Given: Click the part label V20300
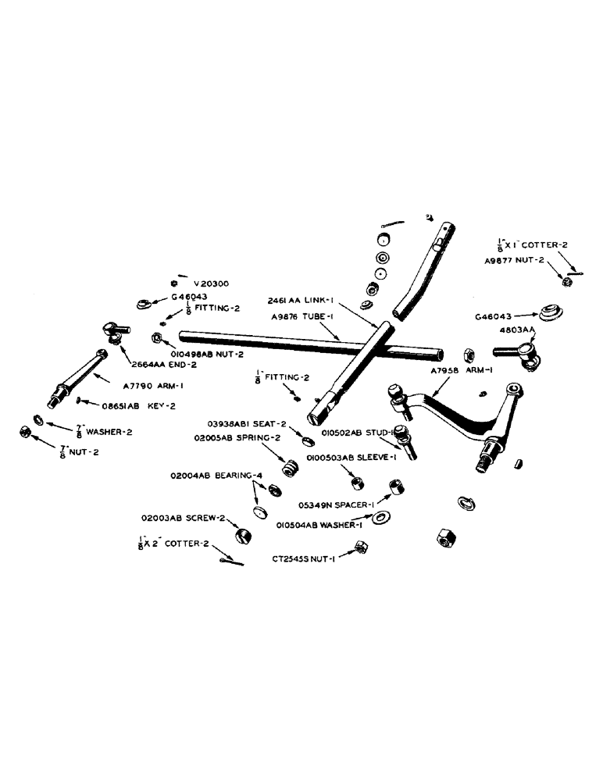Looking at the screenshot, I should tap(211, 284).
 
